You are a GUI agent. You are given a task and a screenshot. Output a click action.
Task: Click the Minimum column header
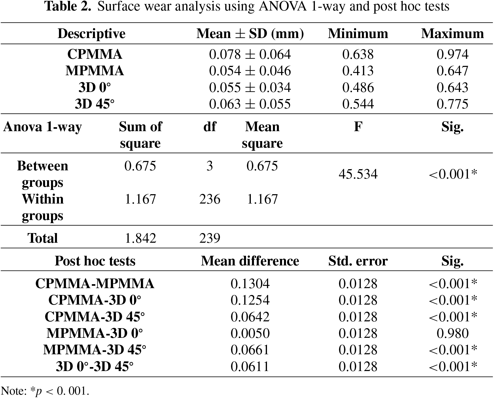[358, 33]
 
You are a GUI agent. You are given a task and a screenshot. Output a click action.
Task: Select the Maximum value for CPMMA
[452, 54]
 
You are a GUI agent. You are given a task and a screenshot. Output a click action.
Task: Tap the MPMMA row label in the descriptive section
[95, 71]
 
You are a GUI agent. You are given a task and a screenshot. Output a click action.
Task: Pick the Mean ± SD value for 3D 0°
[250, 87]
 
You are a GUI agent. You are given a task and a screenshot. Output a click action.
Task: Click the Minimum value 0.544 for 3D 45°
[358, 104]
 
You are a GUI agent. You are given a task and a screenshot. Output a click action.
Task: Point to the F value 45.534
[358, 174]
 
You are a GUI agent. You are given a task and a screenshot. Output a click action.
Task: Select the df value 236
[210, 199]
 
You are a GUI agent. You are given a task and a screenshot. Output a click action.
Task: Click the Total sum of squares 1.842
[141, 238]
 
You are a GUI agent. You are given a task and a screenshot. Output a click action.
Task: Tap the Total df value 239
[210, 238]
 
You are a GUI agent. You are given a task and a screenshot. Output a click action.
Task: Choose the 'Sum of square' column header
[140, 135]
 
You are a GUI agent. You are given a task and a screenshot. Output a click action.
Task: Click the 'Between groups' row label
[43, 174]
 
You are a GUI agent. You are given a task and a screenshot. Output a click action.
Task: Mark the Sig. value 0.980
[452, 333]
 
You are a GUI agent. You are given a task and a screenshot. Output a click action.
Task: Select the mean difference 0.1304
[250, 284]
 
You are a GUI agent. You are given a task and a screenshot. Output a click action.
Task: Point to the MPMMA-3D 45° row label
[95, 350]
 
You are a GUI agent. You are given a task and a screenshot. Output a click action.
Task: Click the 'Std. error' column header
[358, 261]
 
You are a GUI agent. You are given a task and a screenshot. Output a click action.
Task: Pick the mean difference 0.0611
[250, 366]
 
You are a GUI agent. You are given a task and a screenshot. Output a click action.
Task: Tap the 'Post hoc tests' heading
[95, 261]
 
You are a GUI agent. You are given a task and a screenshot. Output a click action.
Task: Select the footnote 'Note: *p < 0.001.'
[45, 391]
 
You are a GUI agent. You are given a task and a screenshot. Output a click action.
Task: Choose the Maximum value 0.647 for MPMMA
[452, 71]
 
